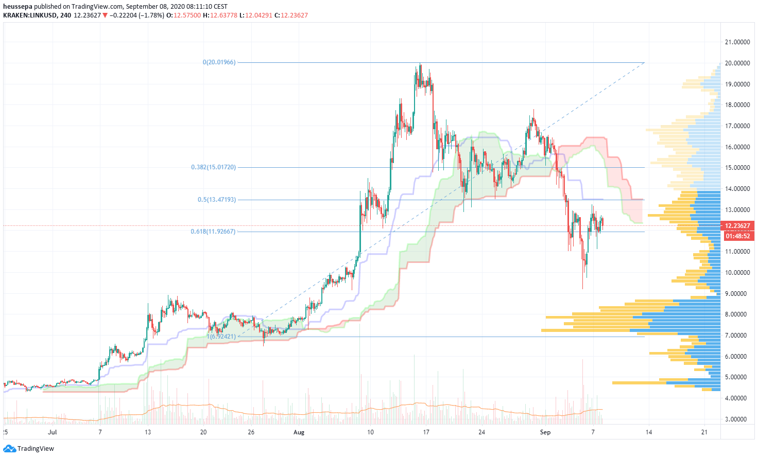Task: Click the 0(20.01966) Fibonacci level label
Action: (x=219, y=62)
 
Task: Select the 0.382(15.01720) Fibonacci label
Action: (x=213, y=167)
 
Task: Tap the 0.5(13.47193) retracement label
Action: (x=217, y=200)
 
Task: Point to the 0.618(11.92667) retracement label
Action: (x=213, y=232)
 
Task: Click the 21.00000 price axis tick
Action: (x=737, y=42)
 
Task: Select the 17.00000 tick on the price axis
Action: (x=737, y=126)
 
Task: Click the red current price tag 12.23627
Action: (x=739, y=226)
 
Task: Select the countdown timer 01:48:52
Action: (x=739, y=236)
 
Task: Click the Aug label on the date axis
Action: (x=299, y=432)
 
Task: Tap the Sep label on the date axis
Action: (x=545, y=432)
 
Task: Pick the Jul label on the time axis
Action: (x=51, y=432)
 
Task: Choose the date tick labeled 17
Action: (x=426, y=432)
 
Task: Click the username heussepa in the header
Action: (x=18, y=7)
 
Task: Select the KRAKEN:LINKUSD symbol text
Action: (x=29, y=15)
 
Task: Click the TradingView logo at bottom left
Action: (x=29, y=449)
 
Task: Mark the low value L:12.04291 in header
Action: (x=256, y=15)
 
